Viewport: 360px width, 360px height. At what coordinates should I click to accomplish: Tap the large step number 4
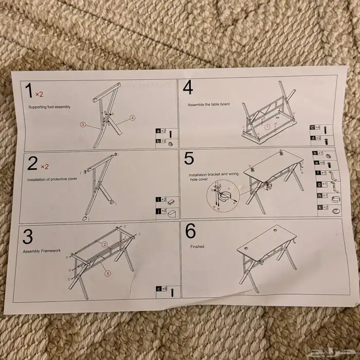click(188, 88)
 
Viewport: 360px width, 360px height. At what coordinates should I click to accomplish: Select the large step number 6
click(190, 231)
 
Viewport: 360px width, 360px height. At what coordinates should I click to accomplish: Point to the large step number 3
click(28, 236)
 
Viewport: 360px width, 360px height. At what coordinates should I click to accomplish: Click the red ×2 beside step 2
click(44, 167)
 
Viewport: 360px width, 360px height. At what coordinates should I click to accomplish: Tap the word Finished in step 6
click(197, 247)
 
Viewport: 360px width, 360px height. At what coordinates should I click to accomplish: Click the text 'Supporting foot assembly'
click(49, 107)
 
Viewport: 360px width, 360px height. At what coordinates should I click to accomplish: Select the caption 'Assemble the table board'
click(208, 104)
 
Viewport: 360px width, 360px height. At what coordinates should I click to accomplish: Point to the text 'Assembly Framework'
click(42, 251)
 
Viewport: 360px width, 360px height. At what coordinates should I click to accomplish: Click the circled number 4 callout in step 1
click(132, 118)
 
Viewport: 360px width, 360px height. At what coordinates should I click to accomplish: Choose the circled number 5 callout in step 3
click(107, 274)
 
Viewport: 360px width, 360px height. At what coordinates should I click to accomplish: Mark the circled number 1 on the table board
click(267, 126)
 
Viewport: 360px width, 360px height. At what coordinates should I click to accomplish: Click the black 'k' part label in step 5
click(319, 208)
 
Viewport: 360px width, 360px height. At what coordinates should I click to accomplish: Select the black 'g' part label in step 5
click(319, 184)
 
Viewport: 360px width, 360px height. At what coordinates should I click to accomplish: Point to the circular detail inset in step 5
click(220, 196)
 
